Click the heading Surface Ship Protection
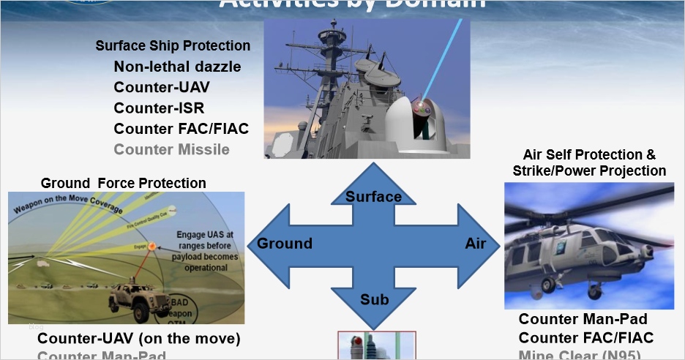coord(173,45)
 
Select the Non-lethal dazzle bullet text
coord(177,67)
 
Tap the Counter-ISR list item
coord(159,108)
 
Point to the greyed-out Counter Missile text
coord(171,150)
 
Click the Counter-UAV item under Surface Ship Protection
coord(161,87)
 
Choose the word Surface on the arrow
coord(373,196)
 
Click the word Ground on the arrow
coord(284,244)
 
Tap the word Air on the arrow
coord(475,244)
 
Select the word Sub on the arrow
coord(373,300)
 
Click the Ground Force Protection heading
coord(124,183)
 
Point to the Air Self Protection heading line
coord(589,155)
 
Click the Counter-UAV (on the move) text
coord(138,339)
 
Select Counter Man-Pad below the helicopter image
coord(583,319)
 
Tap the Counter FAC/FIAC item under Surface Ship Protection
coord(181,129)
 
